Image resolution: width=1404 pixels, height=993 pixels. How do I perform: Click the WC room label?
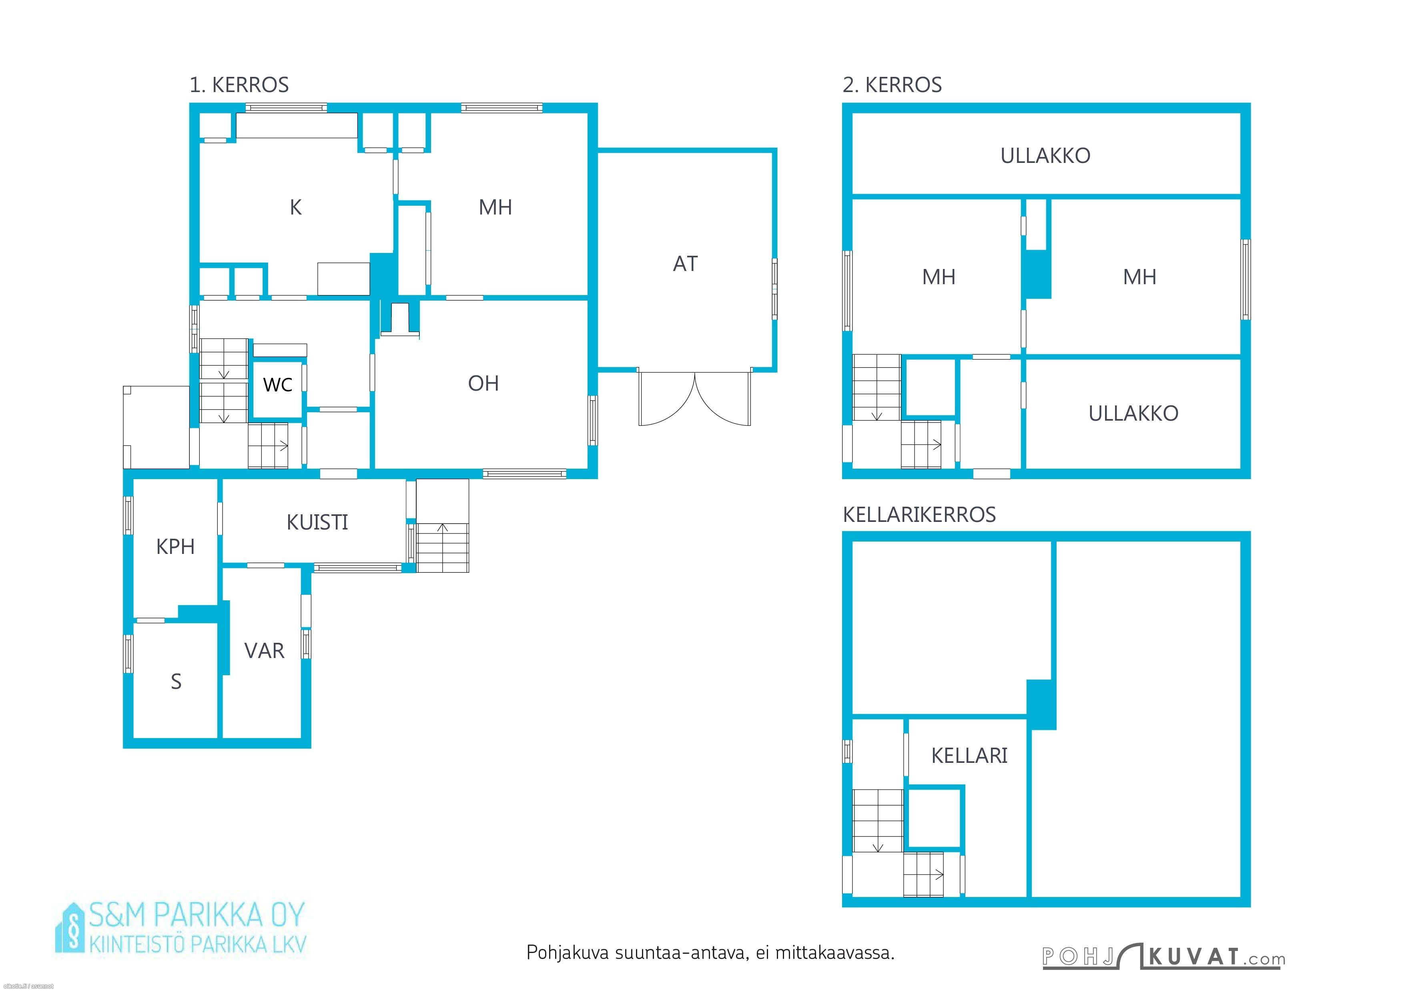tap(278, 385)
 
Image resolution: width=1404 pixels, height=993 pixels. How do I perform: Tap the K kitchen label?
tap(295, 208)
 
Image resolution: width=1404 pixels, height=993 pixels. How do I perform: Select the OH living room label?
tap(483, 383)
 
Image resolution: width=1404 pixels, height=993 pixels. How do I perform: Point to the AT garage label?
tap(685, 263)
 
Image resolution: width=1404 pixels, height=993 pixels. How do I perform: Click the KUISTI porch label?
tap(317, 522)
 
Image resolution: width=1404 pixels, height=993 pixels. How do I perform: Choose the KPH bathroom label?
tap(175, 547)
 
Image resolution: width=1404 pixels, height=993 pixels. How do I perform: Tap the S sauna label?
tap(176, 681)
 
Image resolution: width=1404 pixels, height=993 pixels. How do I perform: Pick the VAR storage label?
tap(264, 650)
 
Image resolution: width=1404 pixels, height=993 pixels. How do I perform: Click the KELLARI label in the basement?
tap(969, 756)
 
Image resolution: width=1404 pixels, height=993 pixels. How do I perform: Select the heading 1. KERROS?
tap(239, 85)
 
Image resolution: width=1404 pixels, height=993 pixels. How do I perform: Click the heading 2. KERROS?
tap(892, 85)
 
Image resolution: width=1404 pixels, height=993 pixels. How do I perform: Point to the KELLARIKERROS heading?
tap(919, 515)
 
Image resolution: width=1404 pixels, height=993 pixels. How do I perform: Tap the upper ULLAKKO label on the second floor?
tap(1045, 156)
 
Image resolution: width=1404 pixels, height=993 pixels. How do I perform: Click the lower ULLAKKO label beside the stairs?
tap(1133, 413)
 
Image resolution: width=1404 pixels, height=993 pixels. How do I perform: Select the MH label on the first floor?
tap(495, 208)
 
